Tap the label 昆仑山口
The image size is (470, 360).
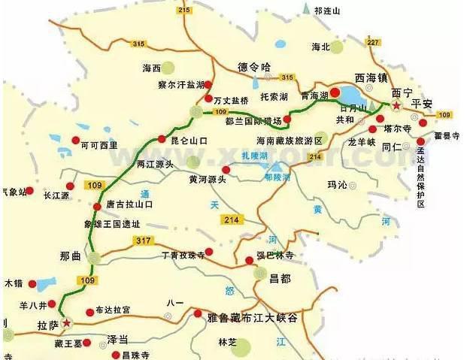click(x=189, y=140)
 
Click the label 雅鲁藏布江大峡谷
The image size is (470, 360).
click(x=252, y=319)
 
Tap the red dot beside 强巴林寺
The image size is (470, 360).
click(x=250, y=261)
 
